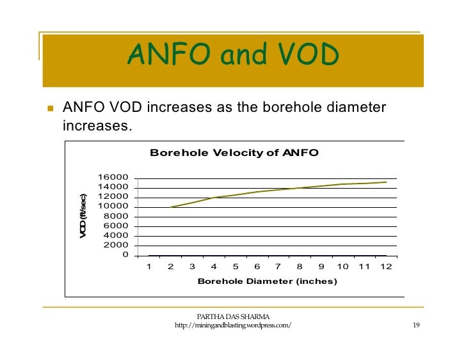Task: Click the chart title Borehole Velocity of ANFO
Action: click(x=234, y=153)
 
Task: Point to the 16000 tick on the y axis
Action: click(x=113, y=178)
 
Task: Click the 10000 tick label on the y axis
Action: click(x=113, y=207)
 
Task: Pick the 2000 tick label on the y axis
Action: click(x=115, y=246)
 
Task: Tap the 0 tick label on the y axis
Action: click(x=125, y=255)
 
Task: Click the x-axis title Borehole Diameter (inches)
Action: click(x=266, y=281)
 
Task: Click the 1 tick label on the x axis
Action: click(x=149, y=267)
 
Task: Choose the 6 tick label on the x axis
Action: click(x=256, y=267)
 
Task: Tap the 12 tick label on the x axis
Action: click(x=385, y=267)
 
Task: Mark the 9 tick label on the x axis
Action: click(x=321, y=267)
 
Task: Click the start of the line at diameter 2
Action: click(x=171, y=207)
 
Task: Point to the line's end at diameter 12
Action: click(x=386, y=182)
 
